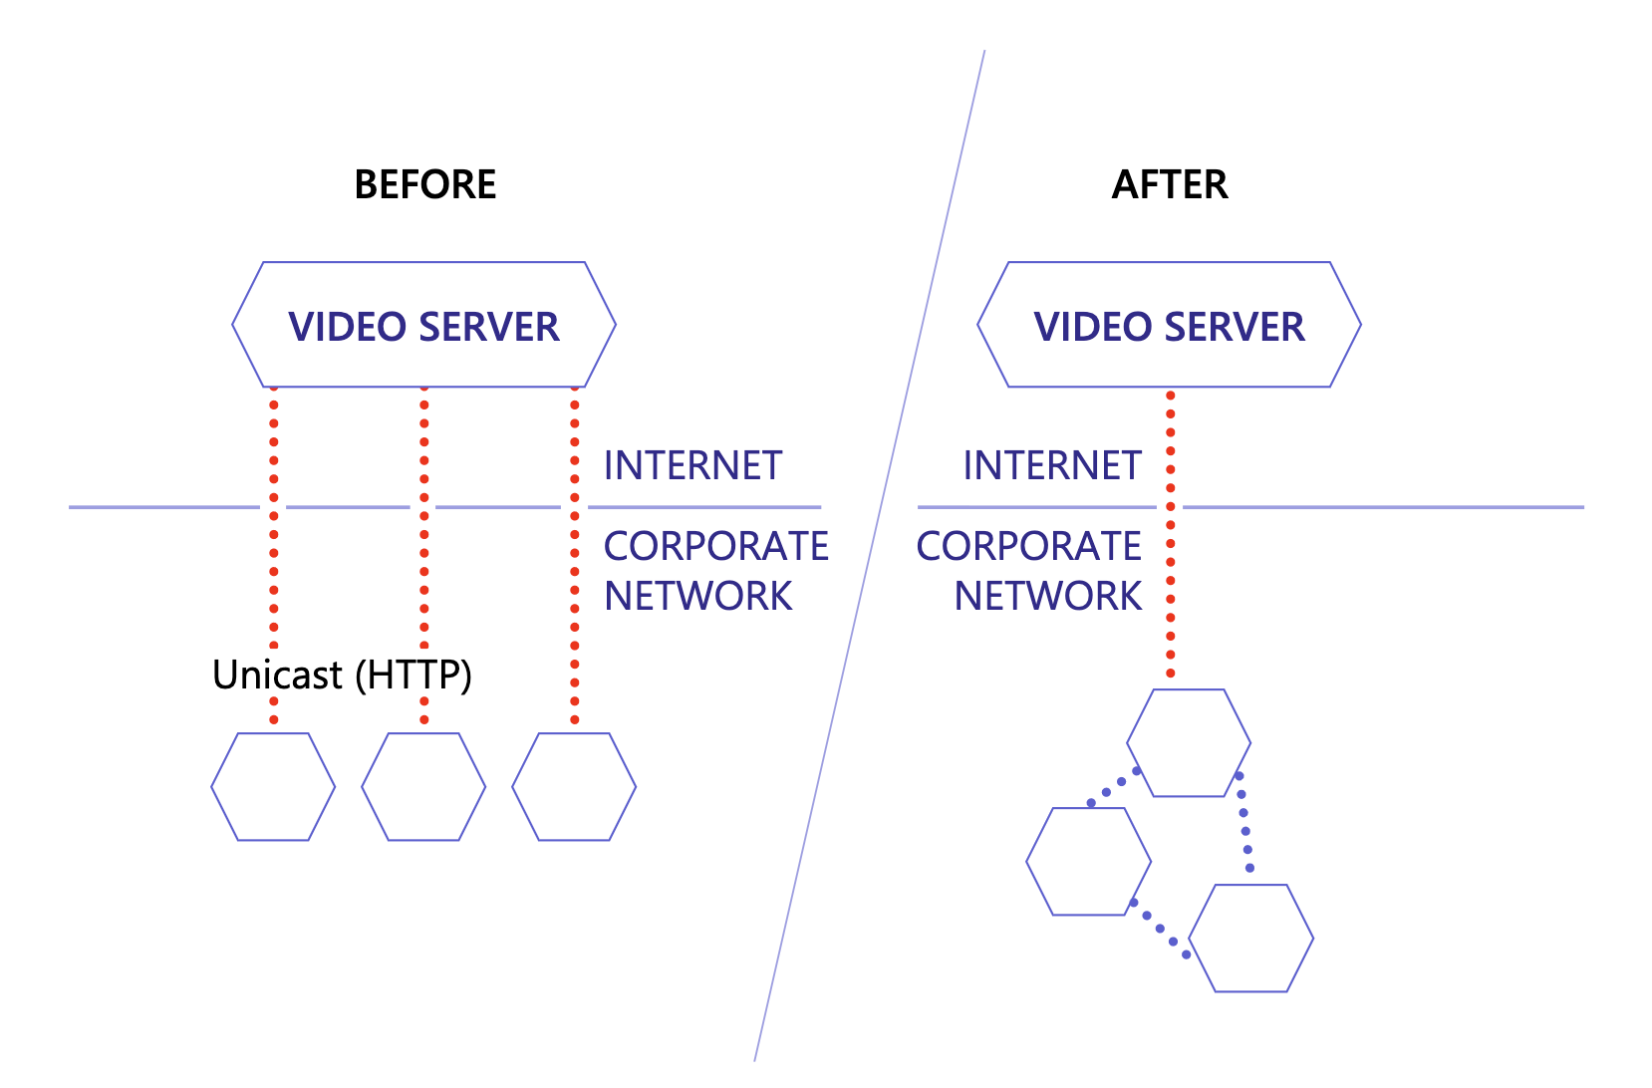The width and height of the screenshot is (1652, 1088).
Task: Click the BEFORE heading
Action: point(425,185)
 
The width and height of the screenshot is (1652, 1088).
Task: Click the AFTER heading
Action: point(1170,185)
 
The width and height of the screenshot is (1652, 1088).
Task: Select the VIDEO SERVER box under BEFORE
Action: point(423,326)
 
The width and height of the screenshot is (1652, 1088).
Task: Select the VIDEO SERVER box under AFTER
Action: point(1169,326)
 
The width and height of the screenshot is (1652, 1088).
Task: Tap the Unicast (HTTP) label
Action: point(342,676)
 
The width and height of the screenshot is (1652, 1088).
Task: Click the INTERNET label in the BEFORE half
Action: point(692,466)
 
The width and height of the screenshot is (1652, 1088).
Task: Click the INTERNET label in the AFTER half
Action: point(1051,466)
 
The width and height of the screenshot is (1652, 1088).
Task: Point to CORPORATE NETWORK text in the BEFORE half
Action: point(714,571)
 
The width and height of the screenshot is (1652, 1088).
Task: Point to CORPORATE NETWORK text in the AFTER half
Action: point(1030,571)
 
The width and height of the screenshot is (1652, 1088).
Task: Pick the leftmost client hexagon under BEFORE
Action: point(273,787)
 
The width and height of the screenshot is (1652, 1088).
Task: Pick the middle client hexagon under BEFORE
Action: point(423,787)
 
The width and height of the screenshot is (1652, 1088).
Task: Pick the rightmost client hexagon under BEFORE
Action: point(574,787)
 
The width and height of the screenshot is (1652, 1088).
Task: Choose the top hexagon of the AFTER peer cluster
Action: point(1189,743)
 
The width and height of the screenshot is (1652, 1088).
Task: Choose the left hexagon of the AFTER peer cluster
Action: point(1088,862)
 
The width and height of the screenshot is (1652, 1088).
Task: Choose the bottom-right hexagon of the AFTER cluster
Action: point(1251,939)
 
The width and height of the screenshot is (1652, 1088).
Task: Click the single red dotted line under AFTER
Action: point(1171,558)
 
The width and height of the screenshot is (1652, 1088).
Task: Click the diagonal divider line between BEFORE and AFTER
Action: point(870,558)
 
